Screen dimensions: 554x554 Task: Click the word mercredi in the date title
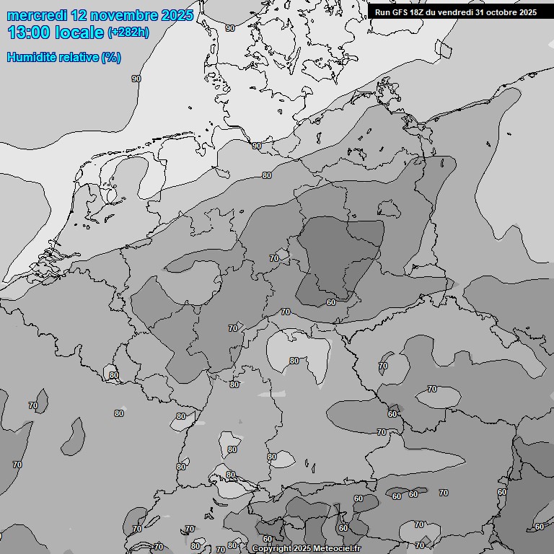click(37, 15)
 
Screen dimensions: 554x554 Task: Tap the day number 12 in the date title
click(82, 15)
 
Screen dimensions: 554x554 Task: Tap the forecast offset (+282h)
click(128, 32)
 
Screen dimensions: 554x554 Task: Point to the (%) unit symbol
click(111, 57)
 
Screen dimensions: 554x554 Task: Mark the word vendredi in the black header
click(457, 12)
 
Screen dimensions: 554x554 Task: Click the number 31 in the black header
click(481, 12)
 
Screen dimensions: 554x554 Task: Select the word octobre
click(503, 12)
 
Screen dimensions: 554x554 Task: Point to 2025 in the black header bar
click(528, 12)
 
